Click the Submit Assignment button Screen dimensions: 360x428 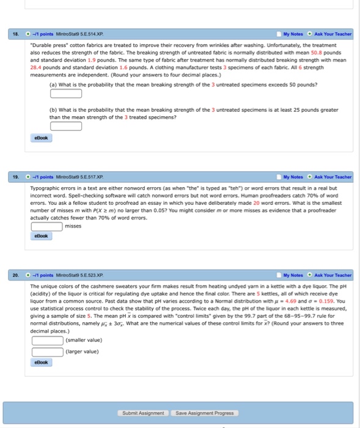(144, 413)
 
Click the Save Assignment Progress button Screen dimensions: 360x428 (204, 413)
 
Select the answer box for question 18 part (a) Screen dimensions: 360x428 (66, 94)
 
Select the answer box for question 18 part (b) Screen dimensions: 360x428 (66, 126)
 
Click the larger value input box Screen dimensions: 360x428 (48, 351)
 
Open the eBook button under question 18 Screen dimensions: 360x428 (42, 138)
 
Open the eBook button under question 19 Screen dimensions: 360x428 (42, 235)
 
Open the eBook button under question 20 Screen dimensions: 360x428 (42, 362)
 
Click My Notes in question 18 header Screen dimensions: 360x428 (293, 34)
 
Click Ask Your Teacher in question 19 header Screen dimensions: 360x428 (334, 177)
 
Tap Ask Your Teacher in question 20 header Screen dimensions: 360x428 (334, 275)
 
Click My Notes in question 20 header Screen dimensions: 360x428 (293, 275)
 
